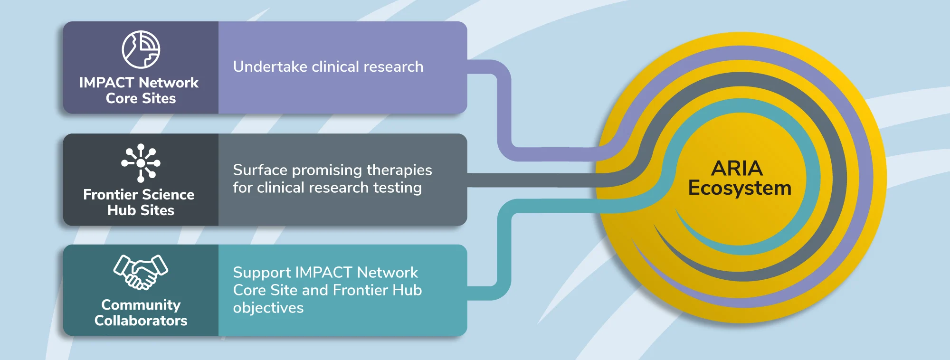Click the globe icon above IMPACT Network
coord(141,50)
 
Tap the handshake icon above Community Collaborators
coord(141,272)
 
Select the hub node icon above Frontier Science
coord(141,163)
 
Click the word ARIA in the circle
coord(737,168)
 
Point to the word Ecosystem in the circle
coord(740,188)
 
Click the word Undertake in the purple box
coord(270,66)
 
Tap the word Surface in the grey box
coord(260,170)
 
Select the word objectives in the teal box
coord(268,308)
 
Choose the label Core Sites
coord(141,98)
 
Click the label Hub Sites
coord(141,210)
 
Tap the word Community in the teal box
coord(141,305)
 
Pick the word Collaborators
coord(141,321)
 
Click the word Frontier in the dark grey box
coord(111,195)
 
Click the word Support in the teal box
coord(262,273)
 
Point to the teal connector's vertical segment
coord(504,250)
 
